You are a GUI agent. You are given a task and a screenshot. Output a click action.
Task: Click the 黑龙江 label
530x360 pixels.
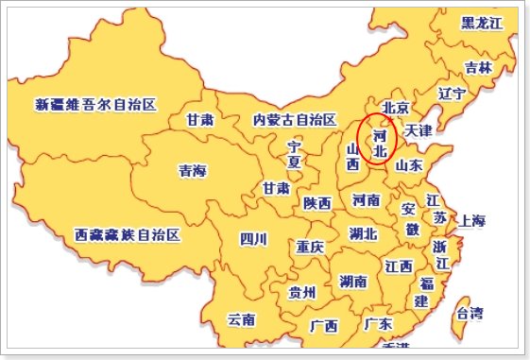coord(482,23)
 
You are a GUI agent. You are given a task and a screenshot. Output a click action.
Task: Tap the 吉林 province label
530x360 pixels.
coord(478,67)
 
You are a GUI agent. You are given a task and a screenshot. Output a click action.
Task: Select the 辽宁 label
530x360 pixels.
coord(453,94)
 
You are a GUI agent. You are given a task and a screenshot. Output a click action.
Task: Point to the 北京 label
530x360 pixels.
coord(395,107)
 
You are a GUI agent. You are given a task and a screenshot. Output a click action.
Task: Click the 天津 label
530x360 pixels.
coord(418,129)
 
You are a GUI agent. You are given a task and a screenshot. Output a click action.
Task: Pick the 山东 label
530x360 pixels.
coord(409,165)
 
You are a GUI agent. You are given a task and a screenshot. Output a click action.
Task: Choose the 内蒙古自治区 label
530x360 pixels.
coord(295,120)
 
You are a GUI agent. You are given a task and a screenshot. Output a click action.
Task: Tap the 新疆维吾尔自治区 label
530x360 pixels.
coord(95,104)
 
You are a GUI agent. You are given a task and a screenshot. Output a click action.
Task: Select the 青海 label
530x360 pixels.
coord(193,171)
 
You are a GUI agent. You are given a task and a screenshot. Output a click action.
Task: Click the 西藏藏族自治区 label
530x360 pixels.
coord(126,234)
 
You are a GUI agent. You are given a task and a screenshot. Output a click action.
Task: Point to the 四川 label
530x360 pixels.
coord(254,237)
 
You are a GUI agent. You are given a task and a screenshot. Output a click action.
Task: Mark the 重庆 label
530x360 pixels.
coord(309,247)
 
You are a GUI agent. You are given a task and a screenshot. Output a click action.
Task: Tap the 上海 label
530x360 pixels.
coord(472,222)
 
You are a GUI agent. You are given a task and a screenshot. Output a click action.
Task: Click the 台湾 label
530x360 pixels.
coord(469,312)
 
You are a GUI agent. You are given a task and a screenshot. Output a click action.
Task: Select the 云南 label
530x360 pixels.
coord(241,319)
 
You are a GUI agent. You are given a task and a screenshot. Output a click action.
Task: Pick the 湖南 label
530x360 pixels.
coord(353,282)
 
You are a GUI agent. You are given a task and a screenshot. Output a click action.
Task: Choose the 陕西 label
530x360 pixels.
coord(317,203)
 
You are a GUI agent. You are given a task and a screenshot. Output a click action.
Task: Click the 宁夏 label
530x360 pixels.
coord(295,154)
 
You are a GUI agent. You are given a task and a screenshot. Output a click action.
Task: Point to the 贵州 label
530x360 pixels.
coord(302,292)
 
